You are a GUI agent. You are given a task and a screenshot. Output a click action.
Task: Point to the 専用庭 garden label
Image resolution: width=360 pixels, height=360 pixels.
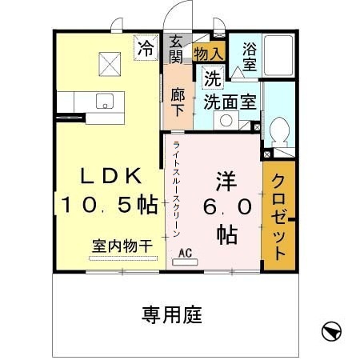coord(171,312)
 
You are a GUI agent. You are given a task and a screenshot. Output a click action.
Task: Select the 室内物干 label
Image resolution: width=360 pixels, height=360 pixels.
coord(122,246)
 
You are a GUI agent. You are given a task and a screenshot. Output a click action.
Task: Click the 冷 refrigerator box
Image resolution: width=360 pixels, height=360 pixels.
coord(146,48)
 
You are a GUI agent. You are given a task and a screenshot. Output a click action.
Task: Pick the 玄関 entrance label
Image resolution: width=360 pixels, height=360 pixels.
coord(175,49)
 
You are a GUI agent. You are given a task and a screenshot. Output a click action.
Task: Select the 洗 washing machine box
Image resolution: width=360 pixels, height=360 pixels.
coord(212,78)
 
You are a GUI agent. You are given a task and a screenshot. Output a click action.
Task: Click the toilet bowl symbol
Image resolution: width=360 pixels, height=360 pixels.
coord(281,131)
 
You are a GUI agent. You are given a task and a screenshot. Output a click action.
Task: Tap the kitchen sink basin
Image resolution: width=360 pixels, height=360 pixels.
coord(105,101)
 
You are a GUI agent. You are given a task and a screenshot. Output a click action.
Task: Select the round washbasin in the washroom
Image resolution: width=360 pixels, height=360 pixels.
coord(226,122)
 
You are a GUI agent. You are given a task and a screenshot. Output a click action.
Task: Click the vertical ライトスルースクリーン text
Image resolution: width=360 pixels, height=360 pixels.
coord(175,189)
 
